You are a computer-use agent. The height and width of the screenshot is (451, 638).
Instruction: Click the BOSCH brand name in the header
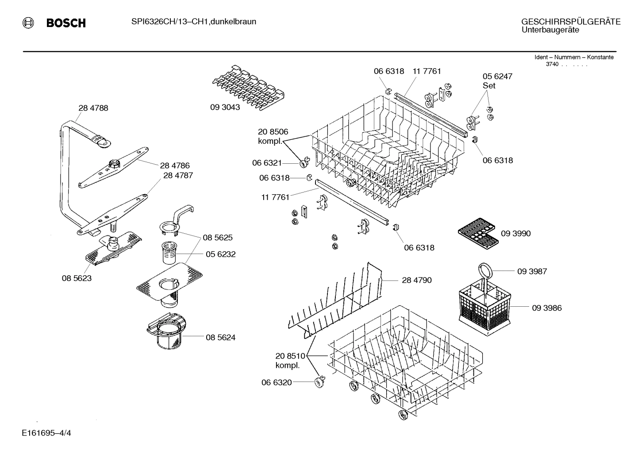[x=66, y=23]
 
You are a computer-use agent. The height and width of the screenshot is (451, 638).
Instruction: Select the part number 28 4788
[x=93, y=108]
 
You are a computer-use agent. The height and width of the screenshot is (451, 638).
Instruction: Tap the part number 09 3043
[x=225, y=107]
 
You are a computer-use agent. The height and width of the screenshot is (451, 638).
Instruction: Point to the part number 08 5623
[x=77, y=278]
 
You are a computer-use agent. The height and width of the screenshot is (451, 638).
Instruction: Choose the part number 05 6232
[x=220, y=254]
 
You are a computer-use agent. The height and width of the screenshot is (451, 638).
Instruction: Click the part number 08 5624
[x=220, y=337]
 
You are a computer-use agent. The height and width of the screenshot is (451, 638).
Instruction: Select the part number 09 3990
[x=515, y=233]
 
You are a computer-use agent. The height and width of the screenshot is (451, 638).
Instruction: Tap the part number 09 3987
[x=532, y=271]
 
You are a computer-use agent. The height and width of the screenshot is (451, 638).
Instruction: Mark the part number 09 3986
[x=546, y=308]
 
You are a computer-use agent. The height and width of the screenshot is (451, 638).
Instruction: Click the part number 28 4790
[x=416, y=280]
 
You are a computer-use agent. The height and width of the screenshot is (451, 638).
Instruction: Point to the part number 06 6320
[x=277, y=382]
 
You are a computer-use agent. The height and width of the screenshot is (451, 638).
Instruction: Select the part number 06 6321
[x=267, y=163]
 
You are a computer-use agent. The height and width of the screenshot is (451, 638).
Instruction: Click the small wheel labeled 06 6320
[x=319, y=382]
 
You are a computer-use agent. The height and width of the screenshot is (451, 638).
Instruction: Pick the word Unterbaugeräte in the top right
[x=550, y=30]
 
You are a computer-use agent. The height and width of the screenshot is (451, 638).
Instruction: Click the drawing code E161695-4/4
[x=46, y=432]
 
